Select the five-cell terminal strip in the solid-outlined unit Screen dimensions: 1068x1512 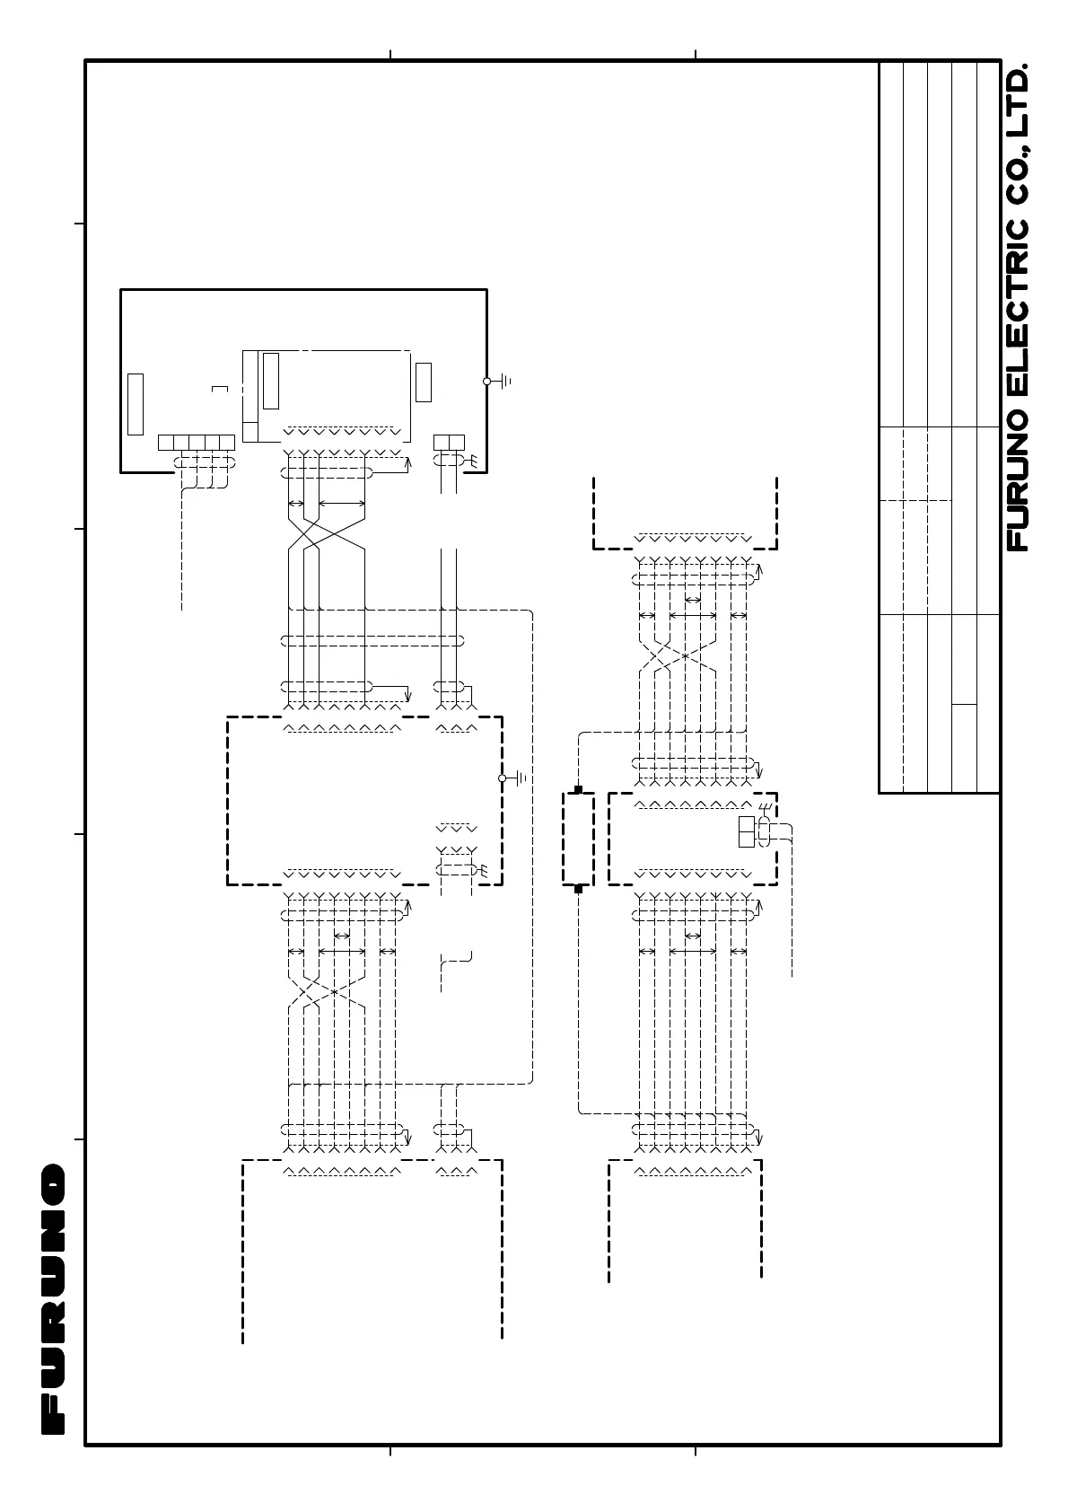click(x=196, y=442)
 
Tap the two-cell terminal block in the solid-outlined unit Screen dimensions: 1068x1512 click(x=449, y=442)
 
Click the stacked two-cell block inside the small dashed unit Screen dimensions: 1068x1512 click(x=747, y=832)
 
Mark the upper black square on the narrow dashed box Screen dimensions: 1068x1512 click(x=578, y=789)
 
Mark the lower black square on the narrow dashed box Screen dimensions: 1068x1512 click(x=578, y=889)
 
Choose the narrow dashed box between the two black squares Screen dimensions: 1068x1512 click(x=578, y=839)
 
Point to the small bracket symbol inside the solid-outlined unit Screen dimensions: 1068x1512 click(x=220, y=389)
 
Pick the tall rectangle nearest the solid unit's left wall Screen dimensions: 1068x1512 click(x=136, y=403)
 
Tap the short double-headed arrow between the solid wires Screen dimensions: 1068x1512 click(x=296, y=504)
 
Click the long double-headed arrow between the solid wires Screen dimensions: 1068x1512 click(x=342, y=504)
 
